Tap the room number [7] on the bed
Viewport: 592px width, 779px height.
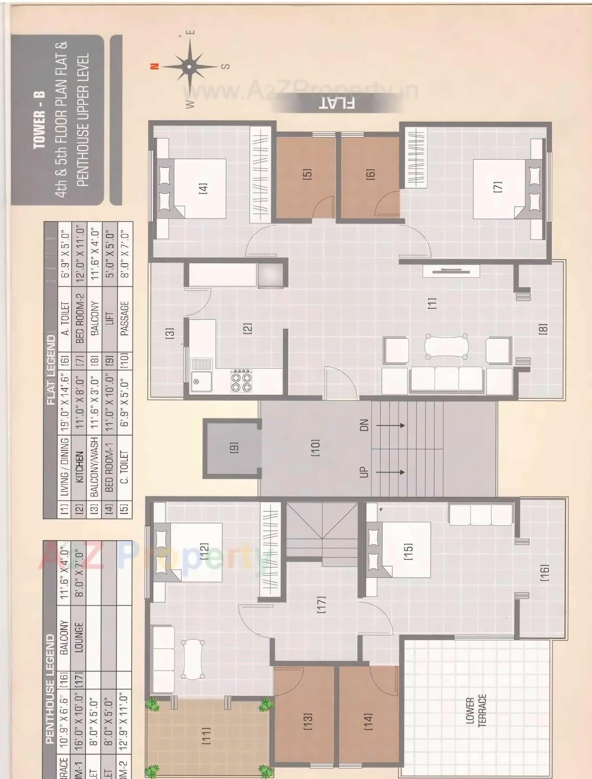point(498,187)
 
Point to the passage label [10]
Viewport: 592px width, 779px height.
point(315,448)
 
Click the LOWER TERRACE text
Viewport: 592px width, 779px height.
point(476,712)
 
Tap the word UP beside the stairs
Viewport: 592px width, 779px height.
point(364,472)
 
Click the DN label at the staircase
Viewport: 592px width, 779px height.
point(364,425)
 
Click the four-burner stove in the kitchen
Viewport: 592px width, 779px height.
point(241,381)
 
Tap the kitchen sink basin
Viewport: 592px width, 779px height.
point(202,381)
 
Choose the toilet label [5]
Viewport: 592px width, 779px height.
point(307,174)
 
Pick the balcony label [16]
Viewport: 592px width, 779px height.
point(544,572)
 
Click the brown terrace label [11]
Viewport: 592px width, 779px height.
point(206,736)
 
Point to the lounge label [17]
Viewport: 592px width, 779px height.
point(321,605)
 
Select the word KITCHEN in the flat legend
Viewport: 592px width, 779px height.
point(79,467)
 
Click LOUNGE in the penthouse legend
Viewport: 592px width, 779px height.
point(79,637)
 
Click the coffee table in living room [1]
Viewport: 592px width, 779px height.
point(447,348)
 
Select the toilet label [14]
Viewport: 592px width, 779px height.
point(368,721)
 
